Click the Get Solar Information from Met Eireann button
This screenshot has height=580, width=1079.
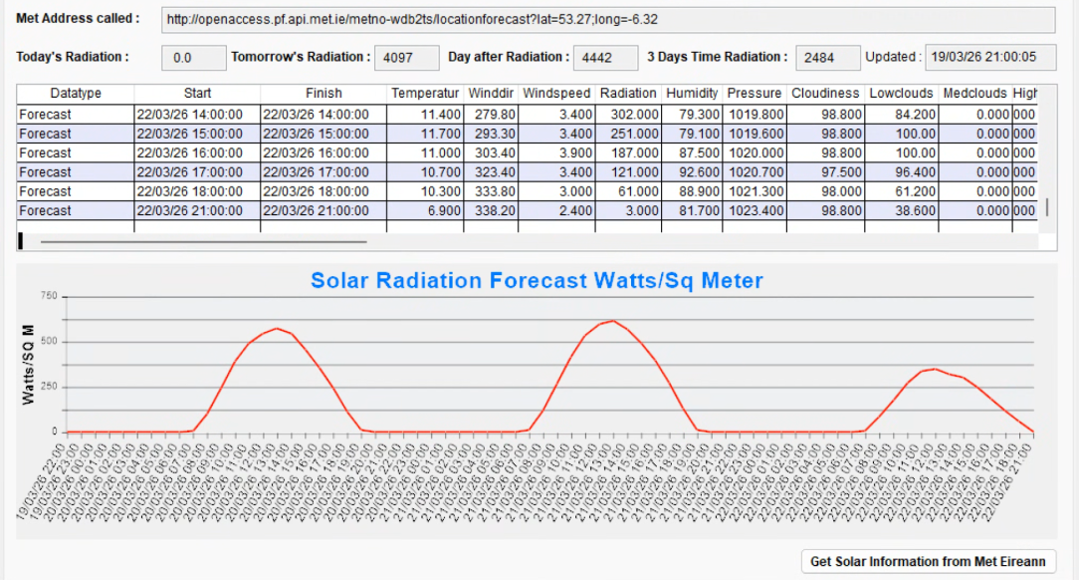point(928,561)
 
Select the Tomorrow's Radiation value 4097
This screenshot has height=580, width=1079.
point(406,58)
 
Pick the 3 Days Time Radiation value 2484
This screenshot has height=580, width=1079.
point(827,58)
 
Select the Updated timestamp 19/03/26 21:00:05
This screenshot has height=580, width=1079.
point(989,58)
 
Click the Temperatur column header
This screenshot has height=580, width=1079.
point(425,94)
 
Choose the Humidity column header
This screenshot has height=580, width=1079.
point(692,94)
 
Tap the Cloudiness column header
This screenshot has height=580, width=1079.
point(825,94)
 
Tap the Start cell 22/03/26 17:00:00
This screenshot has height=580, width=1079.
point(197,172)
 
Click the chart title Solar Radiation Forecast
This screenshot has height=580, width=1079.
point(537,281)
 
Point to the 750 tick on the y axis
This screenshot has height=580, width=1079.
point(48,296)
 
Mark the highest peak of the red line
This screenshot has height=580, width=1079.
point(613,321)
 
